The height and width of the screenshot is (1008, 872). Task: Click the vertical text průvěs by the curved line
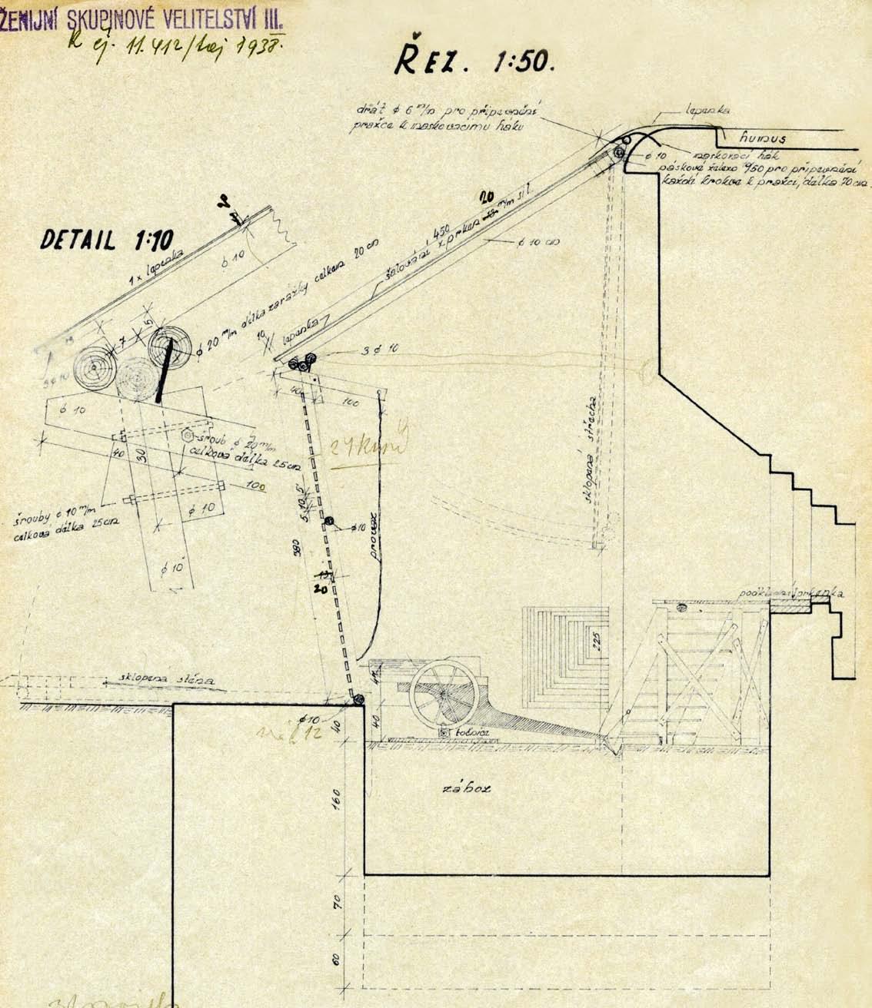point(374,529)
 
